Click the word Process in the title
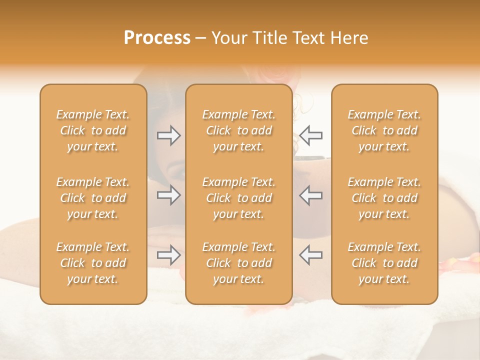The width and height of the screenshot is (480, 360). point(157,38)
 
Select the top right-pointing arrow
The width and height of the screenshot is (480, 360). point(168,135)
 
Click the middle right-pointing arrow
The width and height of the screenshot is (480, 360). point(168,195)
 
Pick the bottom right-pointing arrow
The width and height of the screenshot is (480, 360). point(168,255)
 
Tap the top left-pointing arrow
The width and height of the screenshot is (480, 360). point(310,135)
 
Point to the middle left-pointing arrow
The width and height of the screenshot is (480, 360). point(310,195)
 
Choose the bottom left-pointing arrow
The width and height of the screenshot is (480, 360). point(310,255)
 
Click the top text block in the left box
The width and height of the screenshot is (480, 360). point(93,130)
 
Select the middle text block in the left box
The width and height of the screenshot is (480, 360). point(93,198)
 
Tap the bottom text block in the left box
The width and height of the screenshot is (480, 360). point(93,263)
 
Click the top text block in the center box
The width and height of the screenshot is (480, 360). point(238,130)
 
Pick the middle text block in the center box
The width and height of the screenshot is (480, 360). point(238,198)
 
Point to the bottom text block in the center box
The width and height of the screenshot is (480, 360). point(238,263)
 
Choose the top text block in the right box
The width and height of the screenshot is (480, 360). point(384,130)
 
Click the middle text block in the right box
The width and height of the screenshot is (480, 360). point(384,198)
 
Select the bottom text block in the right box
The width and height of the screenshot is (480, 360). point(384,263)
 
